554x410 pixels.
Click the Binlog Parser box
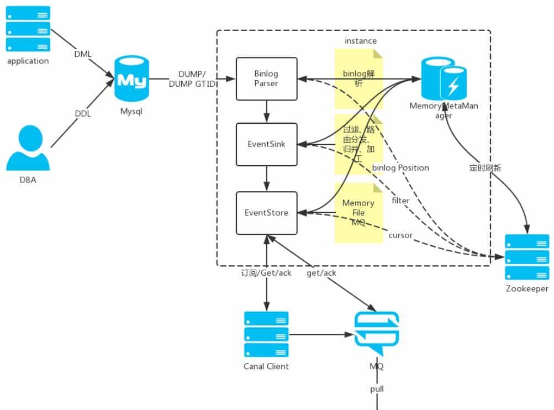coord(266,78)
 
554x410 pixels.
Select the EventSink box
coord(266,144)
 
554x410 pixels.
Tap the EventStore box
coord(266,212)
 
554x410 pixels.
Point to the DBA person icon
coord(28,148)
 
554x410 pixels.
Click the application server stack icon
coord(28,29)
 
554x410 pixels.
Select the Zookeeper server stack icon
coord(527,257)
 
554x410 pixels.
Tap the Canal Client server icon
coord(266,334)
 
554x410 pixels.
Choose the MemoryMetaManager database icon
coord(444,78)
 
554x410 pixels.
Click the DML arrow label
coord(83,54)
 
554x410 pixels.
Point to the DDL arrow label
coord(83,114)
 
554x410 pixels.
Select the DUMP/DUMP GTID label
coord(192,78)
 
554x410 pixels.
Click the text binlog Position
coord(400,167)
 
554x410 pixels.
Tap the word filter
coord(400,201)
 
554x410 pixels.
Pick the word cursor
coord(400,235)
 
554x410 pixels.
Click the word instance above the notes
coord(360,41)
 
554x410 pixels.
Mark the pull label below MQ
coord(377,389)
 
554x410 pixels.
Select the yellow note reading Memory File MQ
coord(358,213)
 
